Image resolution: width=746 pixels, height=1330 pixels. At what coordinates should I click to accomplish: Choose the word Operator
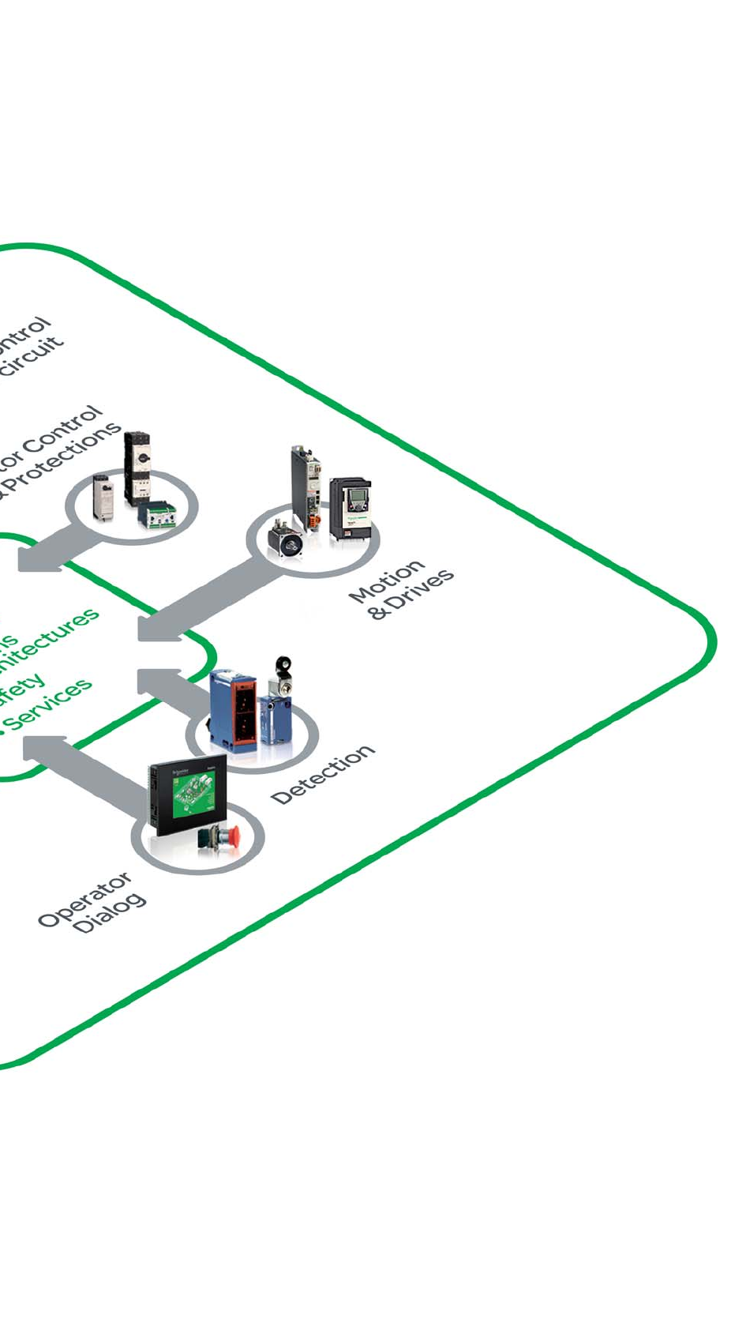[84, 900]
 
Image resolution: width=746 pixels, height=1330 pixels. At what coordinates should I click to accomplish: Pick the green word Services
[51, 702]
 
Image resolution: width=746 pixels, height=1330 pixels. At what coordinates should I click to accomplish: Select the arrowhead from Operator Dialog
[38, 746]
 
